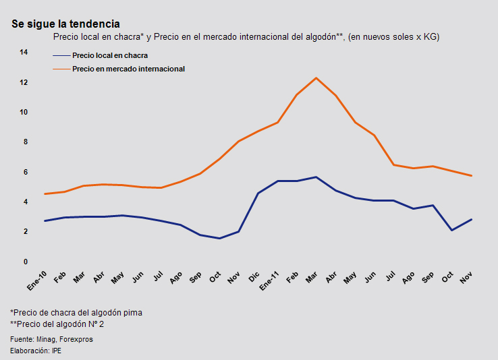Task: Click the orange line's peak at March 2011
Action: click(316, 78)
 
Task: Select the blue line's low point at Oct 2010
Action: click(219, 238)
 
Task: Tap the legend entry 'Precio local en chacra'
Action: click(110, 56)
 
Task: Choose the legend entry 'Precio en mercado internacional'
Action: click(128, 69)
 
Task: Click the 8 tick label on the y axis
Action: click(24, 142)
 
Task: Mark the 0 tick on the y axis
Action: click(24, 262)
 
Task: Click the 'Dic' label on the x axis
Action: click(254, 276)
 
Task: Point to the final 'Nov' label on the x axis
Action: click(466, 277)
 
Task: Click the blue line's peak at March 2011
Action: click(316, 177)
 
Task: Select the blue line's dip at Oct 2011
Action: click(451, 231)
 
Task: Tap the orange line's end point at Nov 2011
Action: click(470, 176)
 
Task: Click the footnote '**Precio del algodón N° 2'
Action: click(57, 324)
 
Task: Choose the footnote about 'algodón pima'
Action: click(76, 313)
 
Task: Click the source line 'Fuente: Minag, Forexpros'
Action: click(51, 339)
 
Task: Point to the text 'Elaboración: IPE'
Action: click(36, 351)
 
